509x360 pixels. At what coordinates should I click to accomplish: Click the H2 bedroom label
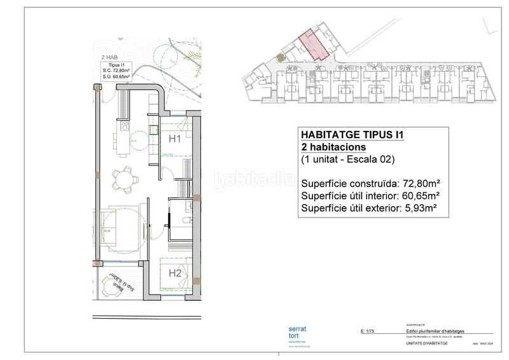(175, 273)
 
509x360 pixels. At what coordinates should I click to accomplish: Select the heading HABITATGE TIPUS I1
(352, 135)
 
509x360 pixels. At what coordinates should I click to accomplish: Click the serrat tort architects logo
(297, 333)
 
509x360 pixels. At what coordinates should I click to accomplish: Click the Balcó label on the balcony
(117, 287)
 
